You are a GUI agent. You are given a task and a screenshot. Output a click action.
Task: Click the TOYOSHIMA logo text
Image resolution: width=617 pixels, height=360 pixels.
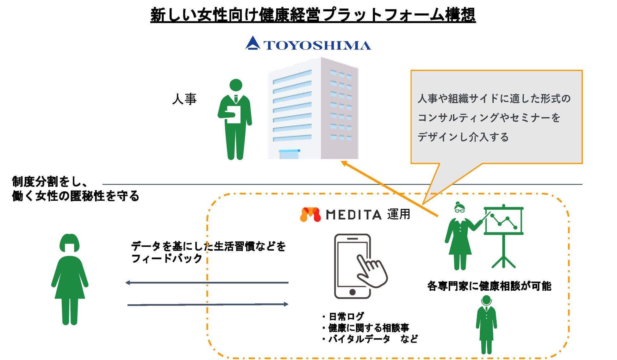[317, 45]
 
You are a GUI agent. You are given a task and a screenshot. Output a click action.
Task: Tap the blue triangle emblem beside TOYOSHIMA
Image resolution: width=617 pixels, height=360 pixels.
[252, 43]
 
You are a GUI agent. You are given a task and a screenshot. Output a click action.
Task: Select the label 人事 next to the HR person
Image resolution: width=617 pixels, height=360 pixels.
[184, 99]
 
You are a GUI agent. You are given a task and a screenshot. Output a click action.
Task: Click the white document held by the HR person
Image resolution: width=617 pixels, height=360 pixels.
[234, 114]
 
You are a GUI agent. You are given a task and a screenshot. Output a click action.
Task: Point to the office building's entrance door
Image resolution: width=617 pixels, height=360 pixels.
[289, 154]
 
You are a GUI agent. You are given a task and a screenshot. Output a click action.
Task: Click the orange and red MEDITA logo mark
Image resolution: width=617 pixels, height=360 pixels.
[310, 214]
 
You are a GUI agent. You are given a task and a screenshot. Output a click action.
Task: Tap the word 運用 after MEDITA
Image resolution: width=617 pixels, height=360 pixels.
[399, 214]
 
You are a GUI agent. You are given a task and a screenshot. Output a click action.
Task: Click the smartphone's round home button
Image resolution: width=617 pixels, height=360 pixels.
[352, 292]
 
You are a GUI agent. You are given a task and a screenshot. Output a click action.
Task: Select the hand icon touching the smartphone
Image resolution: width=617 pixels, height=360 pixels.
[372, 271]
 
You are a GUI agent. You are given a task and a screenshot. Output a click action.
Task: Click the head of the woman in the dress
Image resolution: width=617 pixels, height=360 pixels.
[70, 243]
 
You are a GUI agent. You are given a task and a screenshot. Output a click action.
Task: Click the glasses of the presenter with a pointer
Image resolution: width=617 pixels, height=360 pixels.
[459, 211]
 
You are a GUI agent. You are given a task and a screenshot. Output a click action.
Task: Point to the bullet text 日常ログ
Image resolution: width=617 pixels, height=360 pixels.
[346, 316]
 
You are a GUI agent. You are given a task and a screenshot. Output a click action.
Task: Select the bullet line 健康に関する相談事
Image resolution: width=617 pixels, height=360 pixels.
[368, 328]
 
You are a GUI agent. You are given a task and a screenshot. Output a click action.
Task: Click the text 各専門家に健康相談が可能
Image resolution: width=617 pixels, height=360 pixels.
[489, 286]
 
